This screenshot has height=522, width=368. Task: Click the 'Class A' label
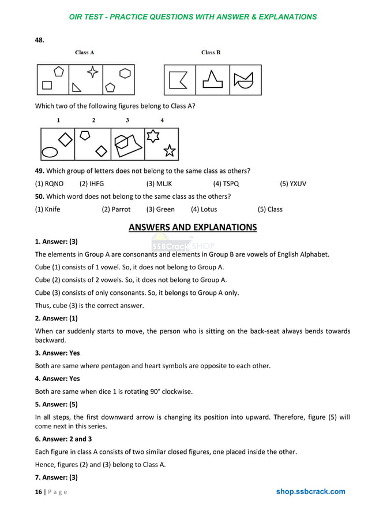coord(85,53)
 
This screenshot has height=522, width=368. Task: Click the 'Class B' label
coord(211,53)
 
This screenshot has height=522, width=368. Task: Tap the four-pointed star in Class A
coord(92,72)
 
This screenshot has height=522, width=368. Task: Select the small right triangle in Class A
coord(76,87)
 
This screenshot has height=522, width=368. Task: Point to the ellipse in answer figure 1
coord(50,153)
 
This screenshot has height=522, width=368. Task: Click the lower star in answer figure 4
coord(169,151)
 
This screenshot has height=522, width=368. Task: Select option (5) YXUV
coord(293,184)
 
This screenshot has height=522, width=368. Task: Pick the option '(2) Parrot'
coord(116,209)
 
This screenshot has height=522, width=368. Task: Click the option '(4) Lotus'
coord(204,209)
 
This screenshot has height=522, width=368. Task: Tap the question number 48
coord(40,40)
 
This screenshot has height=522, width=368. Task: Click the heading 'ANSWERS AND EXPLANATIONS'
coord(193,227)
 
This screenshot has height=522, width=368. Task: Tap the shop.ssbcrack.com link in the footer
coord(310,492)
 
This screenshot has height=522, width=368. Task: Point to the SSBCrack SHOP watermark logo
coord(183,245)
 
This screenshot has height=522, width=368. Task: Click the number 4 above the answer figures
coord(162,120)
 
